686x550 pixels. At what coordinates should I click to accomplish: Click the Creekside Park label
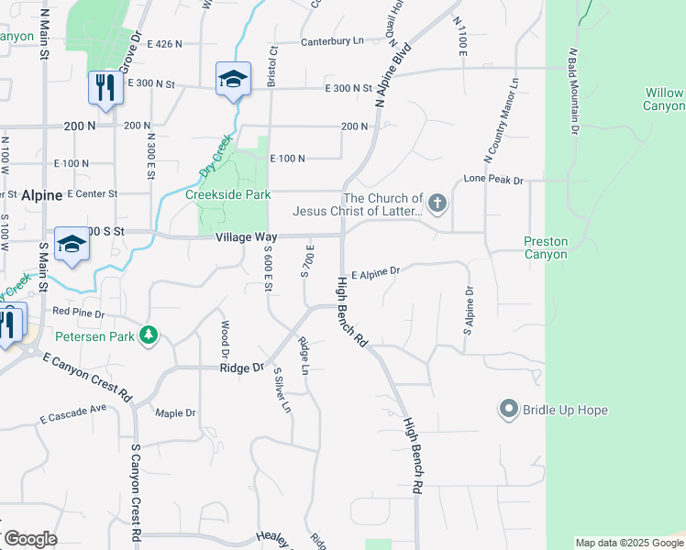point(227,195)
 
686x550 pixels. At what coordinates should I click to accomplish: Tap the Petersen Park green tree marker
point(149,336)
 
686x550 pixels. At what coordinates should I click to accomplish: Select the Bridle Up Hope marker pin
point(509,409)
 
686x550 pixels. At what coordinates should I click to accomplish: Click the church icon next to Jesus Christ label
point(437,203)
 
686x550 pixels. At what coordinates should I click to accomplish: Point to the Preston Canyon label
point(546,247)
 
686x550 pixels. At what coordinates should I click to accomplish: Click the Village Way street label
point(246,237)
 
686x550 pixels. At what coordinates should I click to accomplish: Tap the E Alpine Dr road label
point(375,271)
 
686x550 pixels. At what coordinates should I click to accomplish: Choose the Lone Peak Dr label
point(493,180)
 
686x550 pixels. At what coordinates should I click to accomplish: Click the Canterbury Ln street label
point(332,40)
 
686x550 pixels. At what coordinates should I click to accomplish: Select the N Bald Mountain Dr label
point(573,91)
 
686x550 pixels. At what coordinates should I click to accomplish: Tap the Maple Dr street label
point(175,413)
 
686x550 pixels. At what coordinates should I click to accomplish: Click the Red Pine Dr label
point(79,312)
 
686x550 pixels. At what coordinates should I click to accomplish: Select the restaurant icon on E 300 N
point(104,88)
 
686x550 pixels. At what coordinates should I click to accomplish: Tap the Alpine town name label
point(41,195)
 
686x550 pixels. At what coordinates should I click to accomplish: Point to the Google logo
point(29,539)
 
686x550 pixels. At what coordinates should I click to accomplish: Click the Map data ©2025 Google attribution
point(627,543)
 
